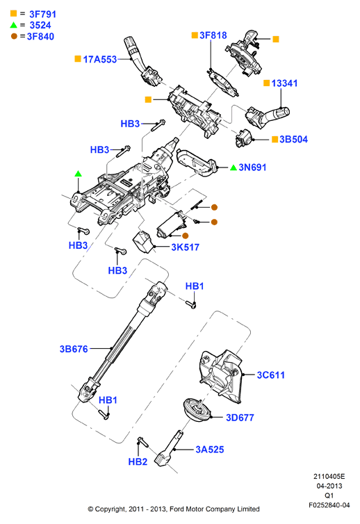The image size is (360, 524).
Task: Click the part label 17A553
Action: tap(99, 60)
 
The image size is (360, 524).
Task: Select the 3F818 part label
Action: tap(213, 35)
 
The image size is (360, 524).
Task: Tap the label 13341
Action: tap(284, 83)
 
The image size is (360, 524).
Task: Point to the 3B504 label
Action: tap(293, 140)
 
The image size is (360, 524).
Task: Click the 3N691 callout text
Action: tap(252, 167)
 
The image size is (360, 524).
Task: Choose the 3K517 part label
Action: tap(185, 247)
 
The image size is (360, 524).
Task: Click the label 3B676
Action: tap(74, 349)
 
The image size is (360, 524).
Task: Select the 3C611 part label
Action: tap(271, 375)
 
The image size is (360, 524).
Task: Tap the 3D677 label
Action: tap(240, 418)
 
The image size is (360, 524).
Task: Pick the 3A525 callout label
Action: tap(210, 450)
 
